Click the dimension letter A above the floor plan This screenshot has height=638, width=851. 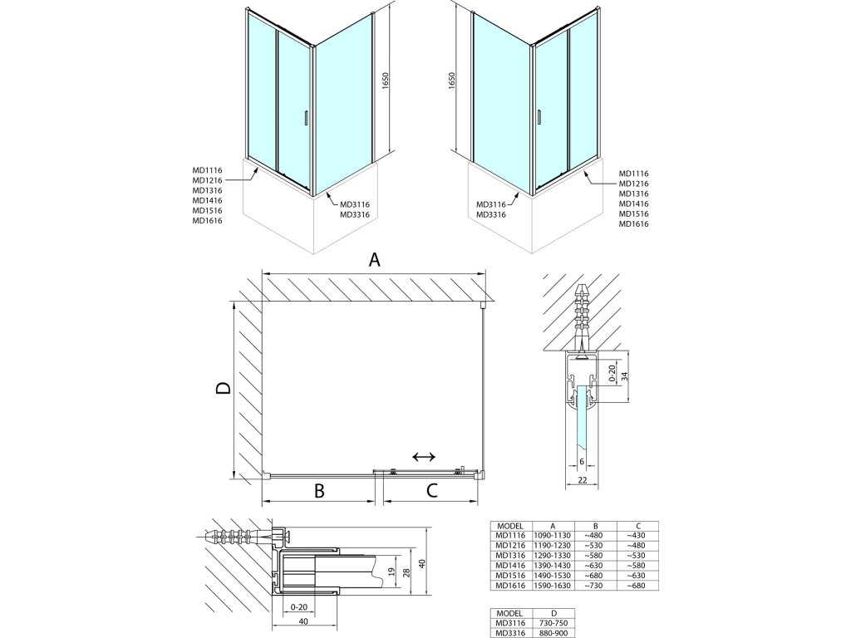tap(374, 260)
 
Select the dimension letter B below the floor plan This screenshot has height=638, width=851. tap(318, 491)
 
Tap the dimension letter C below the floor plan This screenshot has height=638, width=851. tap(431, 491)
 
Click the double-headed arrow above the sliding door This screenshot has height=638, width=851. tap(424, 457)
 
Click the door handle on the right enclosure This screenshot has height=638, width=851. tap(539, 119)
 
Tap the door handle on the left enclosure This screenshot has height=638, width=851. tap(308, 119)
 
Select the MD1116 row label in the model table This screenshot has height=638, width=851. tap(509, 536)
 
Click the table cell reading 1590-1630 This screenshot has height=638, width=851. tap(553, 586)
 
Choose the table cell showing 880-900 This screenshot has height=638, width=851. tap(553, 632)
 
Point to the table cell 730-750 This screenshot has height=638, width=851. tap(553, 622)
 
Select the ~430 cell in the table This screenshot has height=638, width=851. tap(637, 536)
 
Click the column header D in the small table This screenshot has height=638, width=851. tap(553, 612)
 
